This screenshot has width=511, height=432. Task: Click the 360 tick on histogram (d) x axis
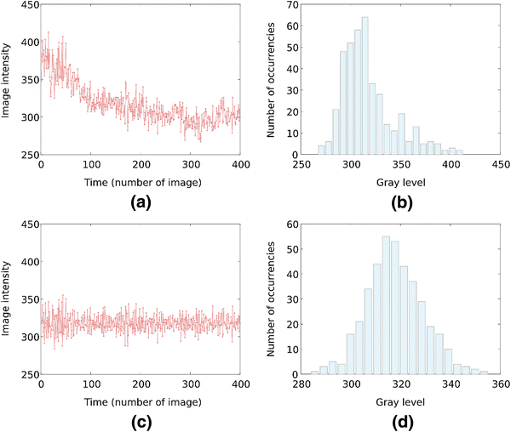pos(499,384)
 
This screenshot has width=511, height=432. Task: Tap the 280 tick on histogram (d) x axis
pos(299,384)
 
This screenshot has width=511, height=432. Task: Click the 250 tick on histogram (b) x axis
pos(299,165)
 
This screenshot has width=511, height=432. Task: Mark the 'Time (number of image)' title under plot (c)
pos(141,400)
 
